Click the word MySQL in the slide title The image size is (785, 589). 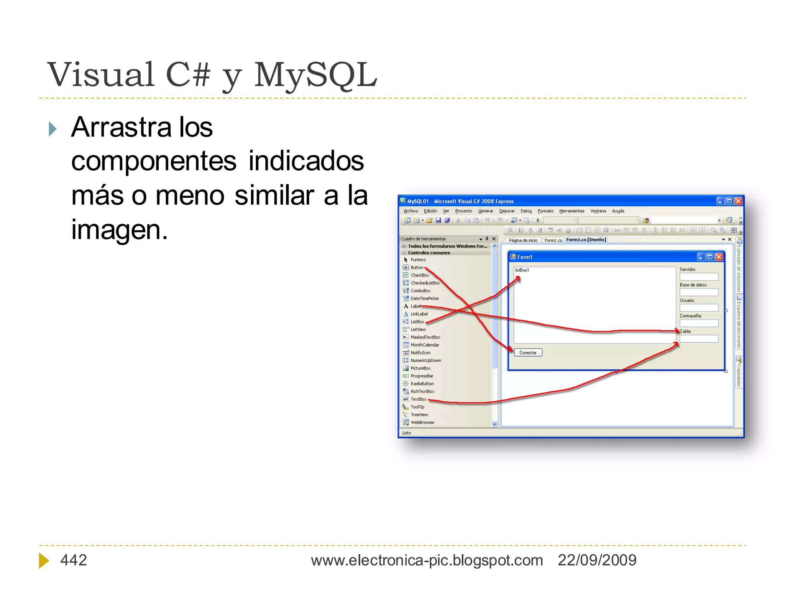[315, 75]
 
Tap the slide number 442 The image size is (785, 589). [74, 560]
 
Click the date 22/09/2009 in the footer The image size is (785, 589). [597, 560]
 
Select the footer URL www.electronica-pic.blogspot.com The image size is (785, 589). [427, 560]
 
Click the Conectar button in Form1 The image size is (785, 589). [528, 352]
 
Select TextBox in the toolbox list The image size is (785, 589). [418, 399]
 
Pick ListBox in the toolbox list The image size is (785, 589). [417, 322]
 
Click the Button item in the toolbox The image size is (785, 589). [417, 267]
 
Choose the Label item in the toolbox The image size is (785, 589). [415, 306]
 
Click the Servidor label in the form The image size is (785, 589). [687, 269]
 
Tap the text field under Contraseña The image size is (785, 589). [698, 323]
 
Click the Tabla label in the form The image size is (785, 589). [685, 331]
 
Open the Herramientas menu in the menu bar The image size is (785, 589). [572, 211]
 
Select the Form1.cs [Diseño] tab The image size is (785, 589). [586, 240]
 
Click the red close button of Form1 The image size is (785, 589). [719, 257]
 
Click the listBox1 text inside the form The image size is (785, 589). [522, 270]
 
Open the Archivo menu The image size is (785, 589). [411, 211]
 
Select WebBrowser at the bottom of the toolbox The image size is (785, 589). [422, 422]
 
